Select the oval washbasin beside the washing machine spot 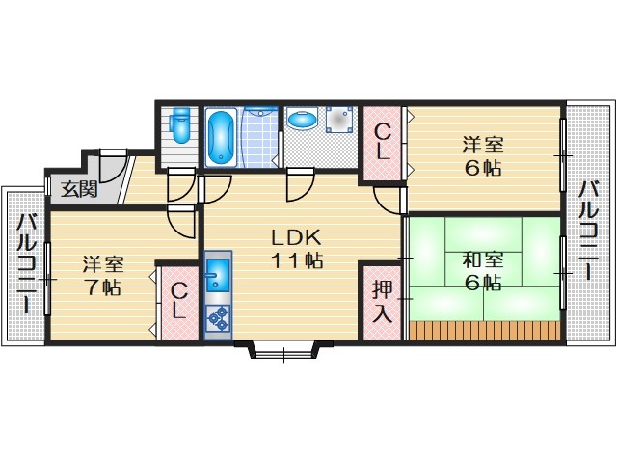pyautogui.click(x=304, y=121)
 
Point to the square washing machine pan pyautogui.click(x=339, y=121)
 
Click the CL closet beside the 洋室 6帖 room pyautogui.click(x=383, y=142)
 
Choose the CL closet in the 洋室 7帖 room pyautogui.click(x=179, y=302)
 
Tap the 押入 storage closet pyautogui.click(x=382, y=301)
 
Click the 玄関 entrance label pyautogui.click(x=79, y=188)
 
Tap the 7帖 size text pyautogui.click(x=101, y=286)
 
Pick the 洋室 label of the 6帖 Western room pyautogui.click(x=482, y=146)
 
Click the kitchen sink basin pyautogui.click(x=217, y=276)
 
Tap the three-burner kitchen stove pyautogui.click(x=218, y=316)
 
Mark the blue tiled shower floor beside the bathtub pyautogui.click(x=258, y=138)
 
